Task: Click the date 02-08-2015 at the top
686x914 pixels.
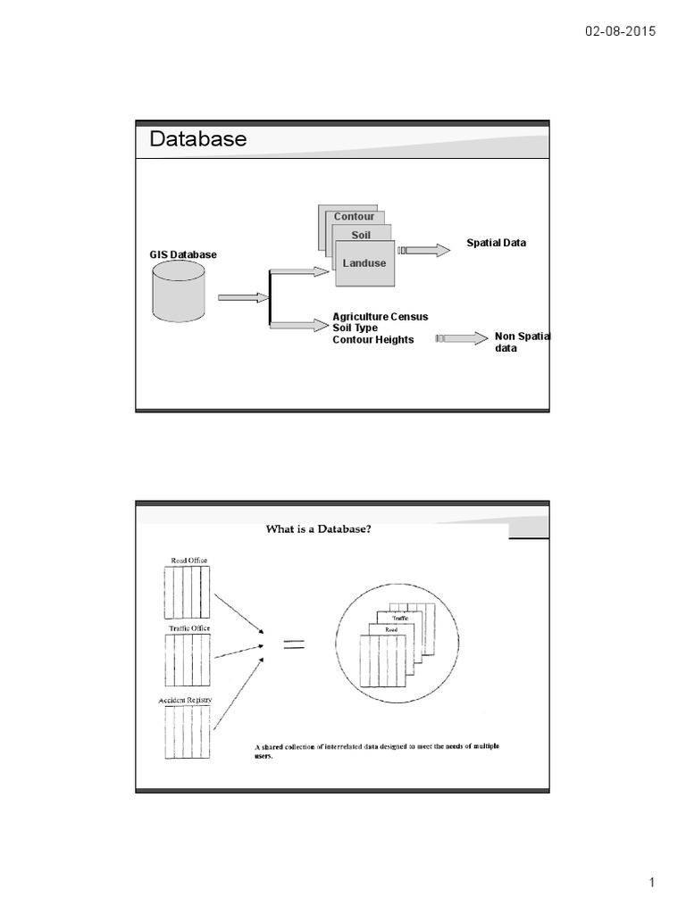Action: coord(621,31)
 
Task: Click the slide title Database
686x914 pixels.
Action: coord(197,139)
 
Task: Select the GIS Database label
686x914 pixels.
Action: coord(183,255)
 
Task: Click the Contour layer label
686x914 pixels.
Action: coord(355,217)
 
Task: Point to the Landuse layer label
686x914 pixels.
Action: coord(364,263)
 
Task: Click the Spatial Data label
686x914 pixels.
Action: coord(497,243)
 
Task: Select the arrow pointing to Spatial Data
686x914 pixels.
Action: coord(424,251)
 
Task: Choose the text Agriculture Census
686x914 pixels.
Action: coord(381,317)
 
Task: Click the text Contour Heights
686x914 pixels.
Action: coord(373,340)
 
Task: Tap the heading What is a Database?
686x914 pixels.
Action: coord(318,528)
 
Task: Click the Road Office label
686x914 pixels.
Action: coord(189,561)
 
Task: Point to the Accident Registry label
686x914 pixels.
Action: coord(186,702)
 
